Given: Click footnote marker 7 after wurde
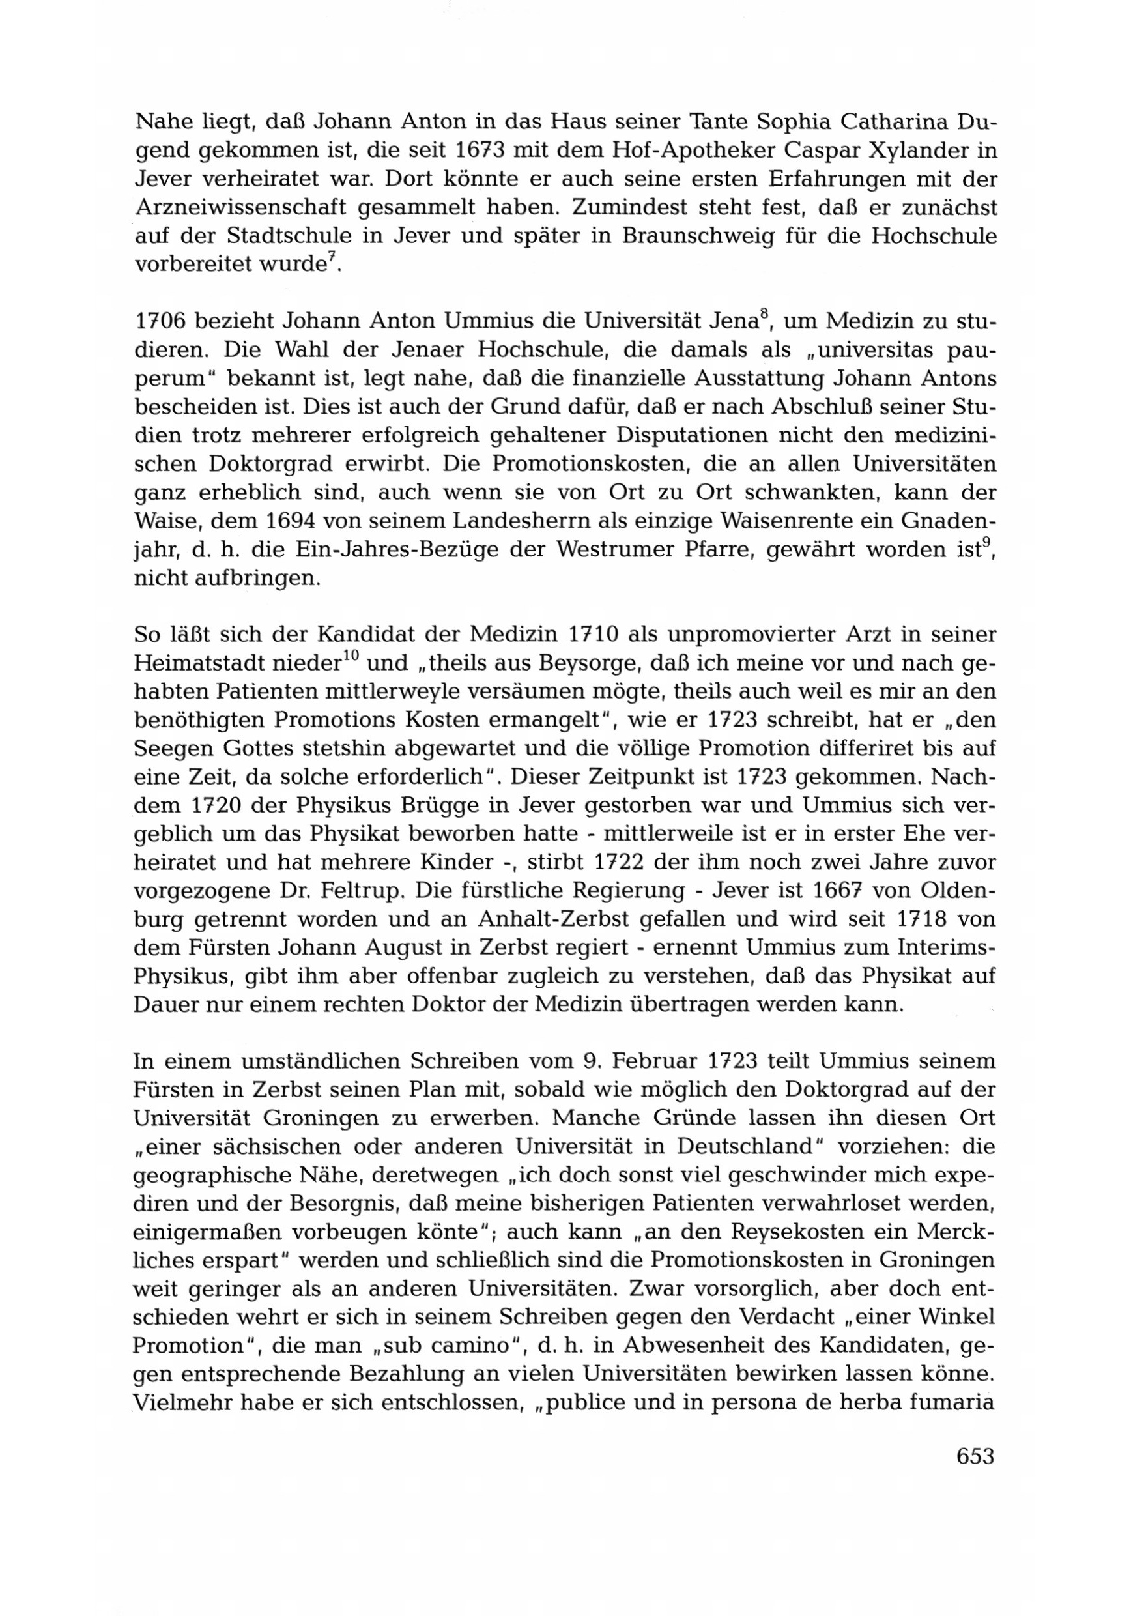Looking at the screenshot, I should click(331, 260).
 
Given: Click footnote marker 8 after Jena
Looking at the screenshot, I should click(764, 317).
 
